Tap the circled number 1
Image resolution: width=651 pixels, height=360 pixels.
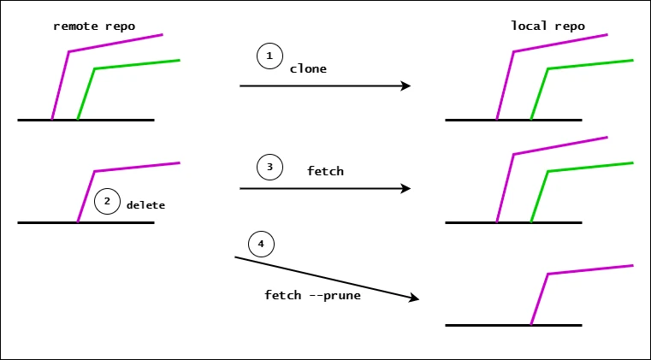(269, 56)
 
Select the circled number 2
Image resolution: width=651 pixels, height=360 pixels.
(107, 203)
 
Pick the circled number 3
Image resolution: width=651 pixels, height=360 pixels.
(269, 168)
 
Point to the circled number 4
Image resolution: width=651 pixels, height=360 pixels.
(261, 245)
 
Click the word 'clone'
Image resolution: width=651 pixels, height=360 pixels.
(308, 68)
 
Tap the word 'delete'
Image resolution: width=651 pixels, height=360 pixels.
(145, 205)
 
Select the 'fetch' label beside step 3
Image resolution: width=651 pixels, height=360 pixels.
(325, 171)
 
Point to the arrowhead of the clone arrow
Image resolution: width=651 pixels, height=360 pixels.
(406, 86)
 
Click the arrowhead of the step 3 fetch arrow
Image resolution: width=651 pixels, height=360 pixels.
(406, 188)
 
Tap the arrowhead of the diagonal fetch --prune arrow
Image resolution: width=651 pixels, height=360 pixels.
(414, 298)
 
